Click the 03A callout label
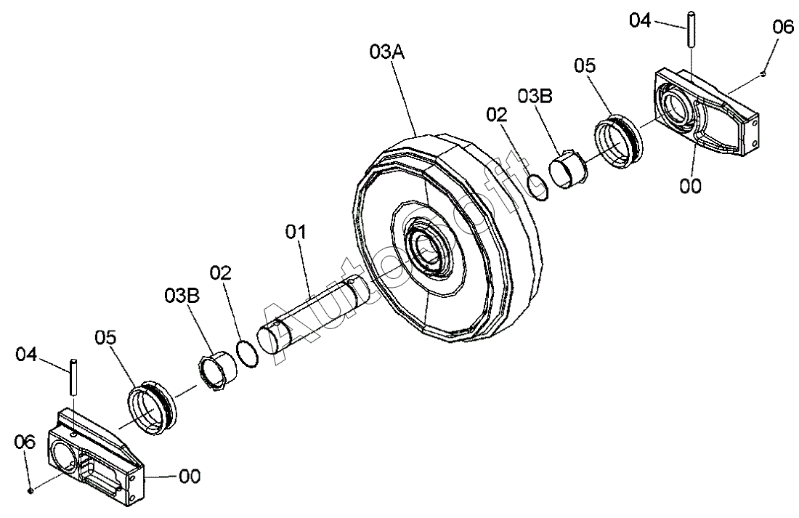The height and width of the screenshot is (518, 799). [387, 52]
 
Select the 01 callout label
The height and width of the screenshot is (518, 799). [296, 232]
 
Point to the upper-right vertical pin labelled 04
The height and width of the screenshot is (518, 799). [691, 30]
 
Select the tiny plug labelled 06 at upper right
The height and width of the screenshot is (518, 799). [763, 74]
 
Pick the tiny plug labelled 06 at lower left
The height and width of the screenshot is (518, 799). [31, 490]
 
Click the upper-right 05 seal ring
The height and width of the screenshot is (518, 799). [620, 142]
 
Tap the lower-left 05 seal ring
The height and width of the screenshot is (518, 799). [153, 408]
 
